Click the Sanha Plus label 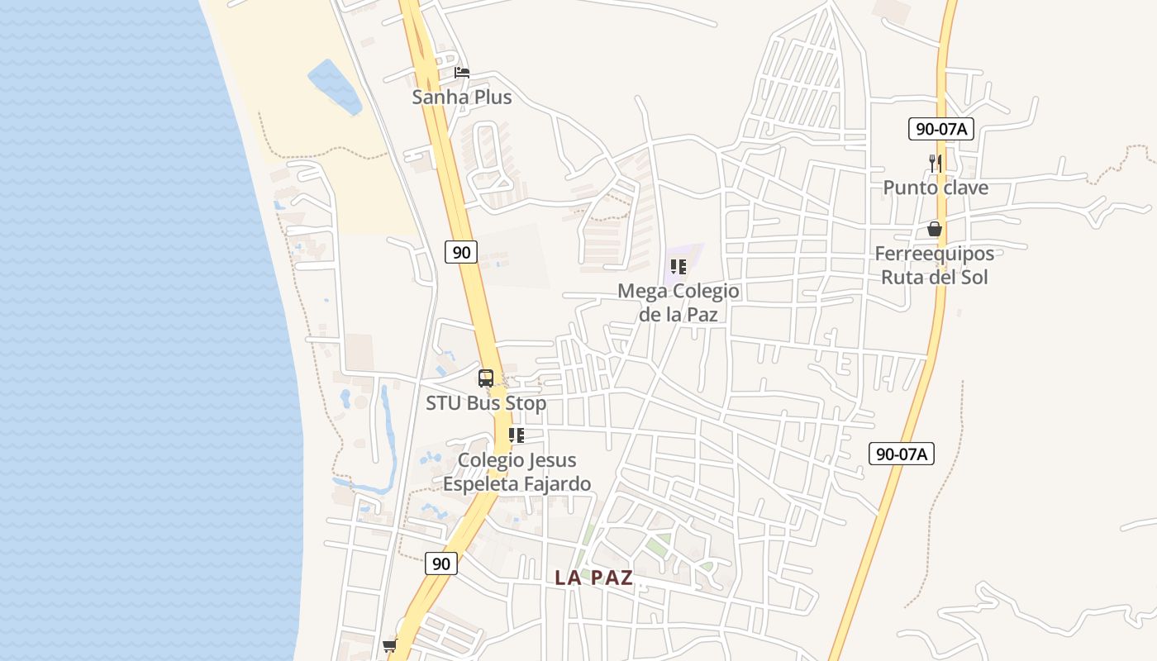pyautogui.click(x=462, y=97)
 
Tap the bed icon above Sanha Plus pyautogui.click(x=462, y=73)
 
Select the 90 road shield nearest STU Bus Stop pyautogui.click(x=461, y=252)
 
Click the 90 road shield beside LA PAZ pyautogui.click(x=442, y=564)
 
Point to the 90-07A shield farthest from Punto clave pyautogui.click(x=902, y=454)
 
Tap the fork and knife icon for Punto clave pyautogui.click(x=936, y=163)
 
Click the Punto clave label pyautogui.click(x=936, y=188)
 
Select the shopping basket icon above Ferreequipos pyautogui.click(x=935, y=229)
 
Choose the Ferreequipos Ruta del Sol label pyautogui.click(x=935, y=265)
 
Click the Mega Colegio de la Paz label pyautogui.click(x=678, y=302)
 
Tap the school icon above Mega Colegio pyautogui.click(x=678, y=266)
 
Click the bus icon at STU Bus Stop pyautogui.click(x=486, y=378)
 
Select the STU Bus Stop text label pyautogui.click(x=486, y=403)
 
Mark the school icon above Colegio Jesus pyautogui.click(x=517, y=435)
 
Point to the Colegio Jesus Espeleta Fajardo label pyautogui.click(x=517, y=472)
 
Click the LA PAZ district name pyautogui.click(x=593, y=578)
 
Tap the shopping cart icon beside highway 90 pyautogui.click(x=389, y=645)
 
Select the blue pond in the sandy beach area pyautogui.click(x=335, y=86)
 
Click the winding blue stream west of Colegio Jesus pyautogui.click(x=385, y=438)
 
